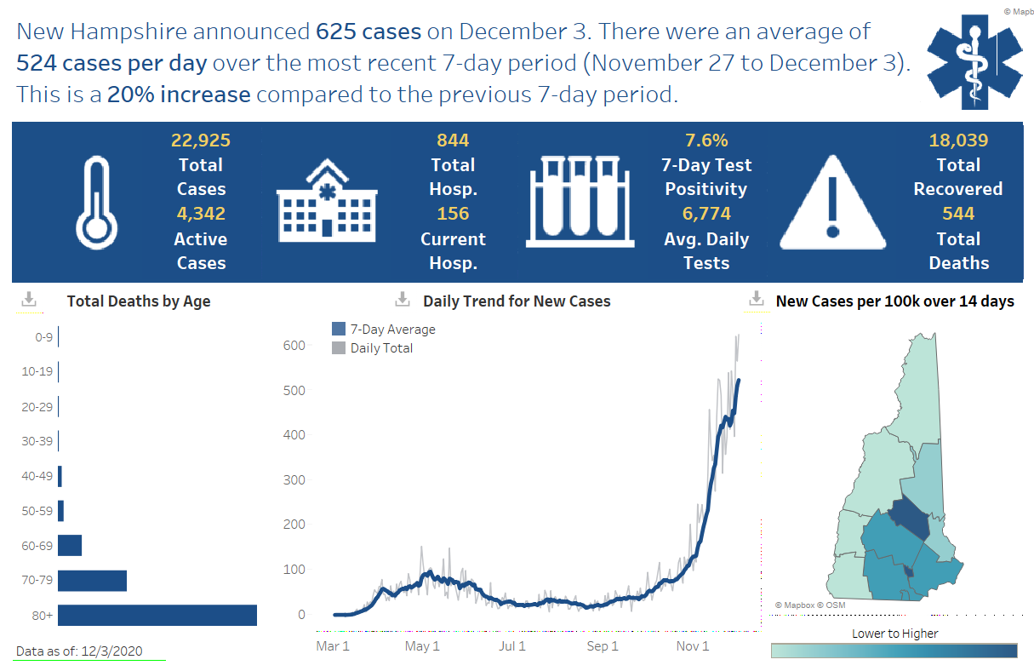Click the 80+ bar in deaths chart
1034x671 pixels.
157,615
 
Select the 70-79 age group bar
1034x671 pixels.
92,581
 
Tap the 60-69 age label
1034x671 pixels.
37,545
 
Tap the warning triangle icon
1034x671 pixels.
832,203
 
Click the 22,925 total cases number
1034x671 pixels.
201,141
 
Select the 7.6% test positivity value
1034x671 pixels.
706,141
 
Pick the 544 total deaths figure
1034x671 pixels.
958,214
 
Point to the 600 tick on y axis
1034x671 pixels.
294,346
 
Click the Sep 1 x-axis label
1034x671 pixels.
603,646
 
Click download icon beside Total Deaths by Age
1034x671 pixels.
29,299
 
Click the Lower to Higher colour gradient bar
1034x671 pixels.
894,651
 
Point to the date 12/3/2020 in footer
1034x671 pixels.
111,651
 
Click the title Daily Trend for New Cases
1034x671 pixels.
517,301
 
